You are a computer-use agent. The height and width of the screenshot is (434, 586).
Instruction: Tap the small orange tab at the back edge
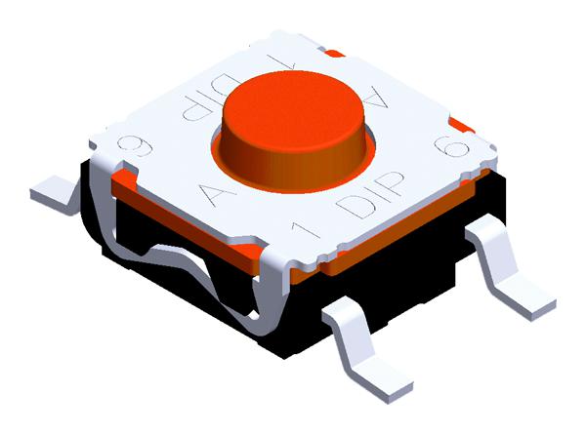pyautogui.click(x=334, y=52)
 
